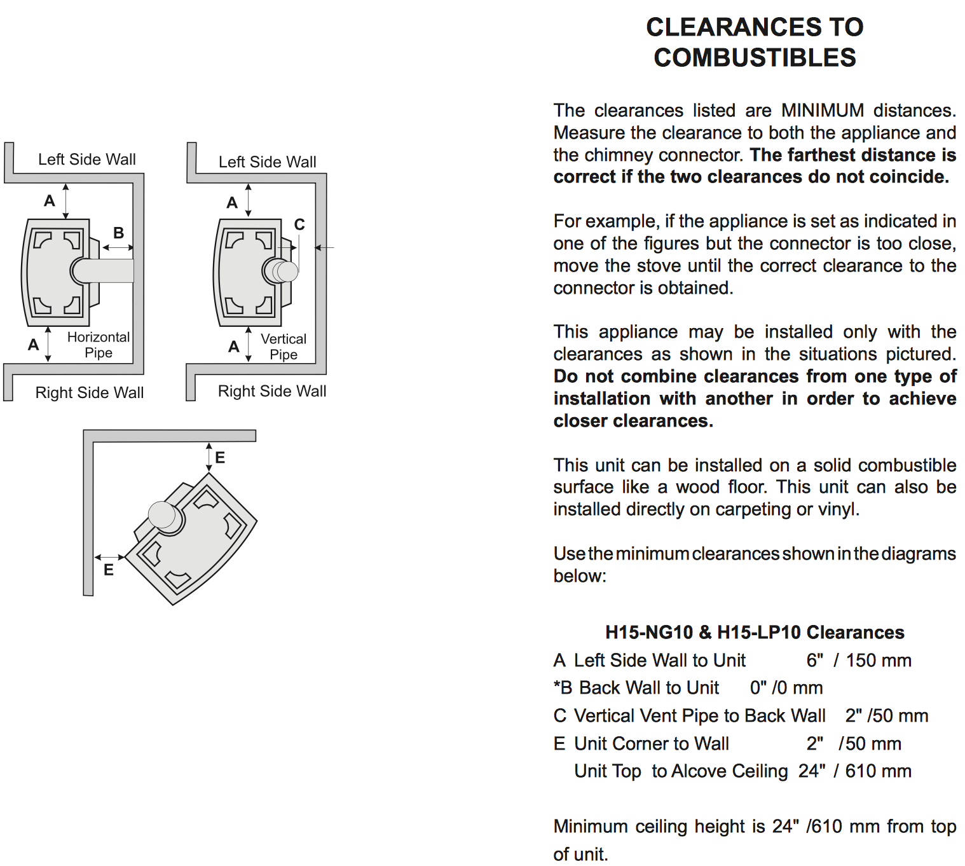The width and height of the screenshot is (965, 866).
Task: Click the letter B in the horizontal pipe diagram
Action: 119,233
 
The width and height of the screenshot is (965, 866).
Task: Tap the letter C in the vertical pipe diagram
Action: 299,224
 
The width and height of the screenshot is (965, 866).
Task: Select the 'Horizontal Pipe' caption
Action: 99,345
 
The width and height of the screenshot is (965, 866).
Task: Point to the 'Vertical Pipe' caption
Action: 284,347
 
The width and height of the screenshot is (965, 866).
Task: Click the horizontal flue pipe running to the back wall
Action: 108,270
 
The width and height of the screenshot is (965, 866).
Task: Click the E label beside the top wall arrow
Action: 220,457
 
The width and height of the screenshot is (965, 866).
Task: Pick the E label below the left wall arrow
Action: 109,570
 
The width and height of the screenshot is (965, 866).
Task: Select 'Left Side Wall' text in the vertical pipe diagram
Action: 267,162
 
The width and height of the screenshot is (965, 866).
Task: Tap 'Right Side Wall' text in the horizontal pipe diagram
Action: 90,392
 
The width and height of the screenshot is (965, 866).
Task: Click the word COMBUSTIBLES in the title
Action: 755,58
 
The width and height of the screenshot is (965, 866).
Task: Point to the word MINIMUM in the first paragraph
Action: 822,111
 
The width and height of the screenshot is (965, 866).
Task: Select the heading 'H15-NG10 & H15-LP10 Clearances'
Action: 755,632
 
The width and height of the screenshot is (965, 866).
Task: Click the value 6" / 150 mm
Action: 858,660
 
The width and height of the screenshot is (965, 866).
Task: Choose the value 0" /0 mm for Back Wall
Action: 786,687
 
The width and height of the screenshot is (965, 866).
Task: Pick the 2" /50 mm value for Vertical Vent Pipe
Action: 886,715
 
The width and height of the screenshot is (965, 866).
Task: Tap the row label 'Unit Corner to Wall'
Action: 651,743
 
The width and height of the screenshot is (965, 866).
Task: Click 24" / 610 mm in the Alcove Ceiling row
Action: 854,771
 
